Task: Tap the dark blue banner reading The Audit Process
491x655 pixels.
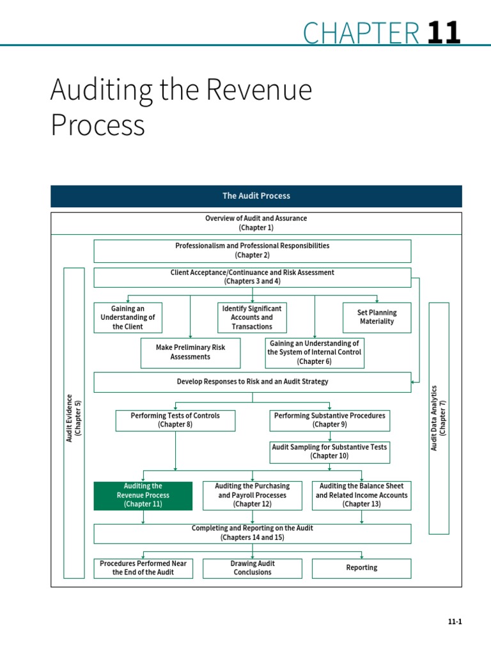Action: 256,196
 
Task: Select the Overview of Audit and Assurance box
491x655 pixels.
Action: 256,223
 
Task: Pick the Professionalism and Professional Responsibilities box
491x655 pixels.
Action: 253,251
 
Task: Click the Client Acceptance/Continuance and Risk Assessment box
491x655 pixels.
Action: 253,277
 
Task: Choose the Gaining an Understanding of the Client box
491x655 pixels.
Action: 128,317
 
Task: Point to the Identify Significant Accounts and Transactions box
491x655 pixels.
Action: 252,317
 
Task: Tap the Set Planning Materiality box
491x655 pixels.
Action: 377,317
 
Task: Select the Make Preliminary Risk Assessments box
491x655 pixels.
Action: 191,352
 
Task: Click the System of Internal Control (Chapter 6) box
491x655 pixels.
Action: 314,352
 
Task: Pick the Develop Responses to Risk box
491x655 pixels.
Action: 253,382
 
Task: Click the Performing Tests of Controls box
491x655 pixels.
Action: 175,420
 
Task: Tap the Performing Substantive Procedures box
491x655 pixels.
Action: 330,420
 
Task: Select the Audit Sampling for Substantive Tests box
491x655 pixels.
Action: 330,452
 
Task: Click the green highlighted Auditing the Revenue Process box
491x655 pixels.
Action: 143,496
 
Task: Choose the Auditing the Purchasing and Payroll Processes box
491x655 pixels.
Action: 253,496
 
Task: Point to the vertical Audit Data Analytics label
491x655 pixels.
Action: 439,418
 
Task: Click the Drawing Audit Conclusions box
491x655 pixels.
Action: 253,568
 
